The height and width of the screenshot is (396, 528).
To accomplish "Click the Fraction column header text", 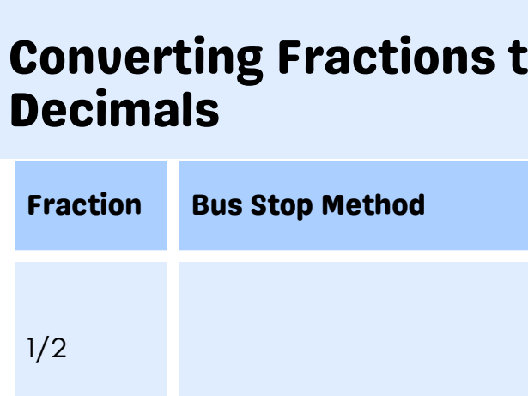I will (x=84, y=205).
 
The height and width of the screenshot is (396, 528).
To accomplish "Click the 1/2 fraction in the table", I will (x=46, y=350).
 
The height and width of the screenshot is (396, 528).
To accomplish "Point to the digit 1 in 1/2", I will (x=32, y=350).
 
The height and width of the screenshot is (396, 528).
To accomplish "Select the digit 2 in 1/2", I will (x=58, y=350).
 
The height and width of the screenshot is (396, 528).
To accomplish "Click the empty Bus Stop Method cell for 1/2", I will (x=352, y=331).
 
